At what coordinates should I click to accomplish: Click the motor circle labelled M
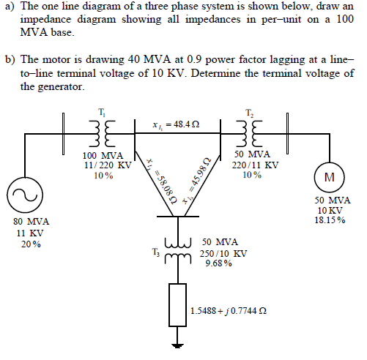pos(327,177)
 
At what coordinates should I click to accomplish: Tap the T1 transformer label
pos(101,111)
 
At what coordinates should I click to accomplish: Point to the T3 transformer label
pos(153,252)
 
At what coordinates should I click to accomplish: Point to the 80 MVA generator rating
pos(31,222)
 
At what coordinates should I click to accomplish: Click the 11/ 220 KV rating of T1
pos(107,165)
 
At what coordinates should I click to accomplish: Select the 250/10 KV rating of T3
pos(223,253)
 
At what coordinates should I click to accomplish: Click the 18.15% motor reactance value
pos(330,220)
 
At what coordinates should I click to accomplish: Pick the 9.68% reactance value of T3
pos(219,263)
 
